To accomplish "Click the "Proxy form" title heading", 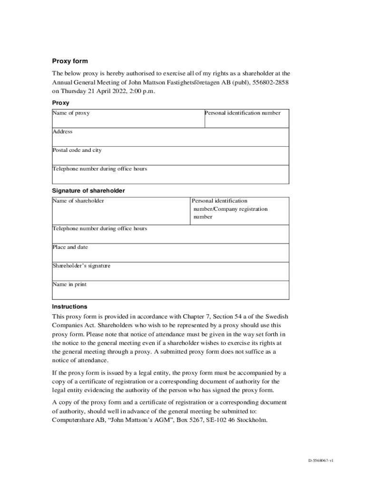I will [x=70, y=61].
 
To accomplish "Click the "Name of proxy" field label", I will [x=71, y=113].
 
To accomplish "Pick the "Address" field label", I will [x=63, y=131].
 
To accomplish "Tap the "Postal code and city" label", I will [x=77, y=150].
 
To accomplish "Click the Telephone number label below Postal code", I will [x=100, y=168].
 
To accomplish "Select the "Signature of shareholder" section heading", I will [x=88, y=190].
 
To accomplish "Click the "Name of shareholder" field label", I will [x=78, y=201].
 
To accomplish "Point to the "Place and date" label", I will [x=70, y=247].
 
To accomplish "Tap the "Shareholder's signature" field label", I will [x=81, y=266].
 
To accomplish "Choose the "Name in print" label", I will [x=69, y=284].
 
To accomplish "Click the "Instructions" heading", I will [x=69, y=307].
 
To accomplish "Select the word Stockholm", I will [x=250, y=421].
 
